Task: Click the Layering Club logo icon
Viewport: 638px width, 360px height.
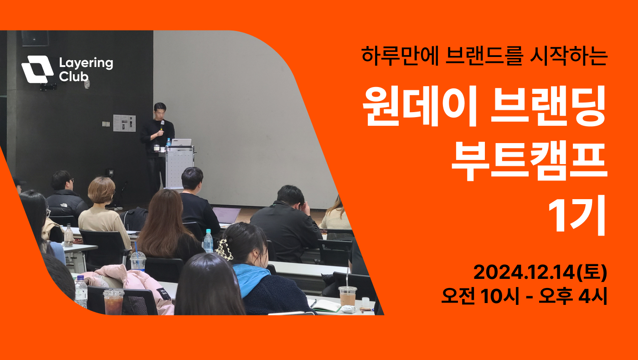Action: (x=37, y=69)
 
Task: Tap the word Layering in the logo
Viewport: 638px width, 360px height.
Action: (x=86, y=63)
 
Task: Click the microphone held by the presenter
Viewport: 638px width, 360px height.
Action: (x=162, y=125)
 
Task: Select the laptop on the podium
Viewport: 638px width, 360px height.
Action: (x=181, y=142)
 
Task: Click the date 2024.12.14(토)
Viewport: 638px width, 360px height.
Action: (x=540, y=273)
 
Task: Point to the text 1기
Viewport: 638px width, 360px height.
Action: (x=577, y=216)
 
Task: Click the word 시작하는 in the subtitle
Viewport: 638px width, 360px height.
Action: (x=569, y=55)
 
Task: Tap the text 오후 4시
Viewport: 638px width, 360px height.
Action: (x=573, y=296)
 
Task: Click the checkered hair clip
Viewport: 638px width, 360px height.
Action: (x=224, y=249)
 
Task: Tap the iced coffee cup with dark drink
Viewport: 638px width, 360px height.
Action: (x=113, y=302)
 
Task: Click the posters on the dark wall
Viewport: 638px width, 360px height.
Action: (x=124, y=123)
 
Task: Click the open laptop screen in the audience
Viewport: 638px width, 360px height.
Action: (x=226, y=215)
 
